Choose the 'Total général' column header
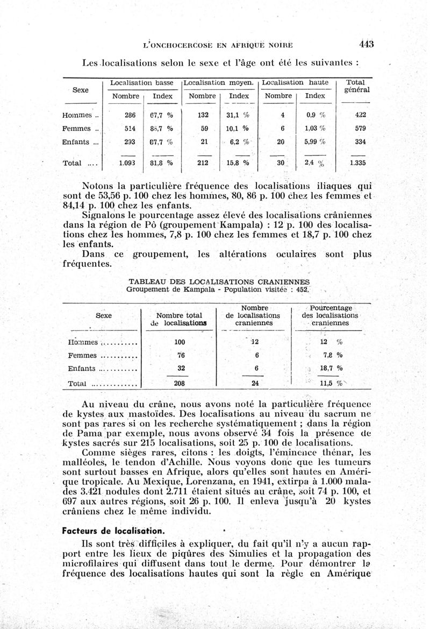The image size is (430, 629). click(355, 87)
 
